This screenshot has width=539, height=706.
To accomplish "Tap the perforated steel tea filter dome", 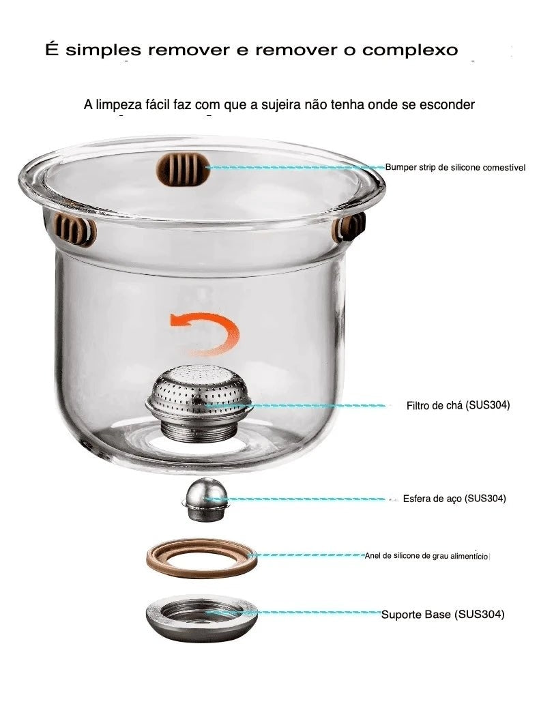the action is point(198,390).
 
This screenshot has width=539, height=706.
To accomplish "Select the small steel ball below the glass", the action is point(205,499).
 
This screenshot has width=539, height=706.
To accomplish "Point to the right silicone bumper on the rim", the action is point(349,227).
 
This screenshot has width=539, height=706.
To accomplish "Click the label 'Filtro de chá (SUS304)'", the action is point(458,405).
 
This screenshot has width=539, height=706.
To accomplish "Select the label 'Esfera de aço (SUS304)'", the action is point(454,499).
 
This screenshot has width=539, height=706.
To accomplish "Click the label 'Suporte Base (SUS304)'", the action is point(443,614).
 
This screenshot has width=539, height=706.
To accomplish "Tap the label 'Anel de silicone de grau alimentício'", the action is point(426,556).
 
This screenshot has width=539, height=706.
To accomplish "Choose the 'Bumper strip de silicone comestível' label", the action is point(455,168).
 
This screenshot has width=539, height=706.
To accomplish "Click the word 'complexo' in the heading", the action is point(410,50).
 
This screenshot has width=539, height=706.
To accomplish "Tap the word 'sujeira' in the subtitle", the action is point(280,105).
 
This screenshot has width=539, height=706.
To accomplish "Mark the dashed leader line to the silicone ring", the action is point(310,556).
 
